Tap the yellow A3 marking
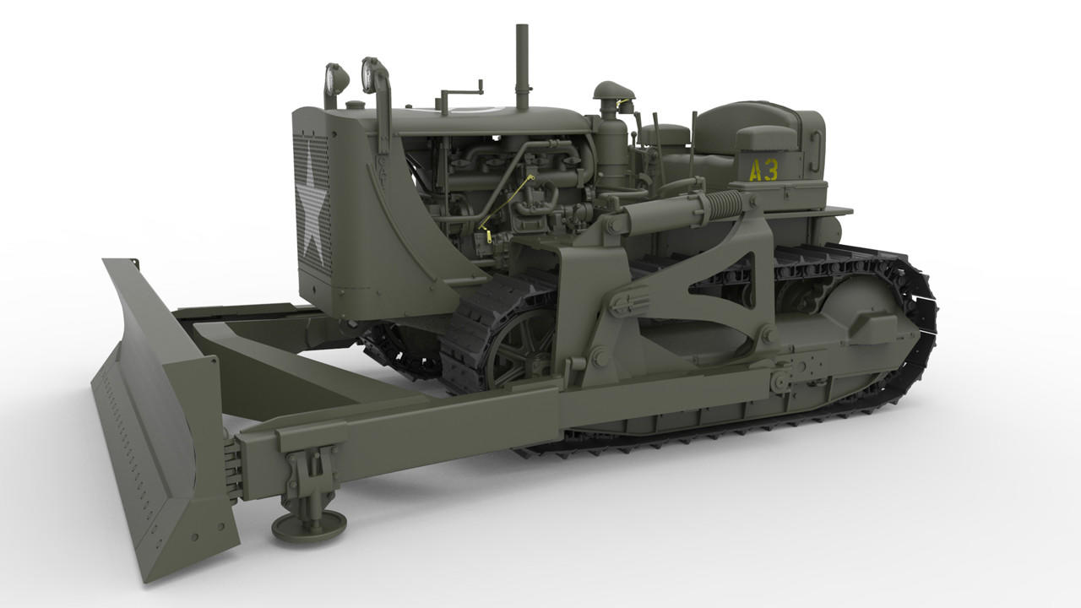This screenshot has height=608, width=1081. click(x=763, y=171)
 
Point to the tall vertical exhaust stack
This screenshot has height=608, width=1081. click(x=522, y=68)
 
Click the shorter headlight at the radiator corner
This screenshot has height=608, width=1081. click(x=335, y=80)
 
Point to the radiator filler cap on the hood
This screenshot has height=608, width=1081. click(x=356, y=105)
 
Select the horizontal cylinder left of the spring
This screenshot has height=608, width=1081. click(x=659, y=215)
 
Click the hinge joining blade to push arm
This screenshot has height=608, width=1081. click(x=231, y=464)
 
